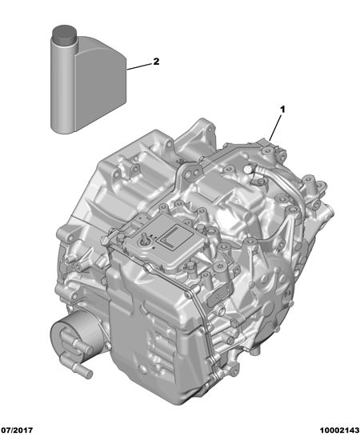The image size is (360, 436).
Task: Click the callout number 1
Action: tap(282, 110)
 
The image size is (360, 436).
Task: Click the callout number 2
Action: tap(156, 61)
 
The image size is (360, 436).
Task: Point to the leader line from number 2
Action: tap(139, 66)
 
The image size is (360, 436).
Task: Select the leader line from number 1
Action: tap(276, 128)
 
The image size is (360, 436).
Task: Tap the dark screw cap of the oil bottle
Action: tap(64, 34)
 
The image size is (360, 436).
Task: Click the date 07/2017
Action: tap(17, 430)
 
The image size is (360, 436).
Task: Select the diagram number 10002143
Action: tap(339, 430)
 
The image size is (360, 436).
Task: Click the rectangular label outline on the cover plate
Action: tap(174, 236)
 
